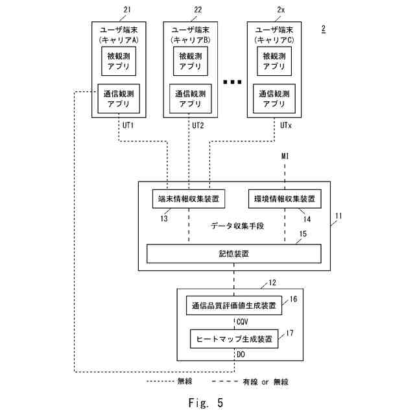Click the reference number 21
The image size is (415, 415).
pyautogui.click(x=126, y=10)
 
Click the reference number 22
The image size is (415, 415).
pyautogui.click(x=198, y=10)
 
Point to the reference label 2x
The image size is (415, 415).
pyautogui.click(x=281, y=10)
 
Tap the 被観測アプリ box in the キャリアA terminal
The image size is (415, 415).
pyautogui.click(x=119, y=61)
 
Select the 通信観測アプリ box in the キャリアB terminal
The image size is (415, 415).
pyautogui.click(x=190, y=99)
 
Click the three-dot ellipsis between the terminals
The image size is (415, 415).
pyautogui.click(x=231, y=82)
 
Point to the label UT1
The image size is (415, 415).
pyautogui.click(x=127, y=125)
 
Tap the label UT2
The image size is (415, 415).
pyautogui.click(x=198, y=125)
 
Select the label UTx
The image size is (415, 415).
pyautogui.click(x=286, y=125)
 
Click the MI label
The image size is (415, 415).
pyautogui.click(x=285, y=157)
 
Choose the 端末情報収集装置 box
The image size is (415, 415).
pyautogui.click(x=189, y=198)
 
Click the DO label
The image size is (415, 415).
pyautogui.click(x=241, y=355)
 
